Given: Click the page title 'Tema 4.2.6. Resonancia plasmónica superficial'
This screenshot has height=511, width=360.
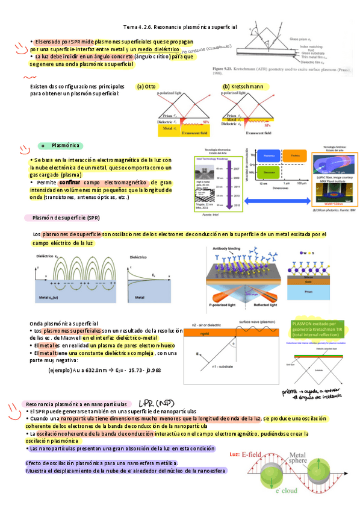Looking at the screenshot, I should tap(180, 28).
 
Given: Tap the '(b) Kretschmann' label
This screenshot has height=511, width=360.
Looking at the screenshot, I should tap(243, 87).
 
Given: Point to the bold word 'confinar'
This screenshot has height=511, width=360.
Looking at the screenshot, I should tap(70, 182).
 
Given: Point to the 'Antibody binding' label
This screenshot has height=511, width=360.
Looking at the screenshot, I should tap(227, 248).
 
